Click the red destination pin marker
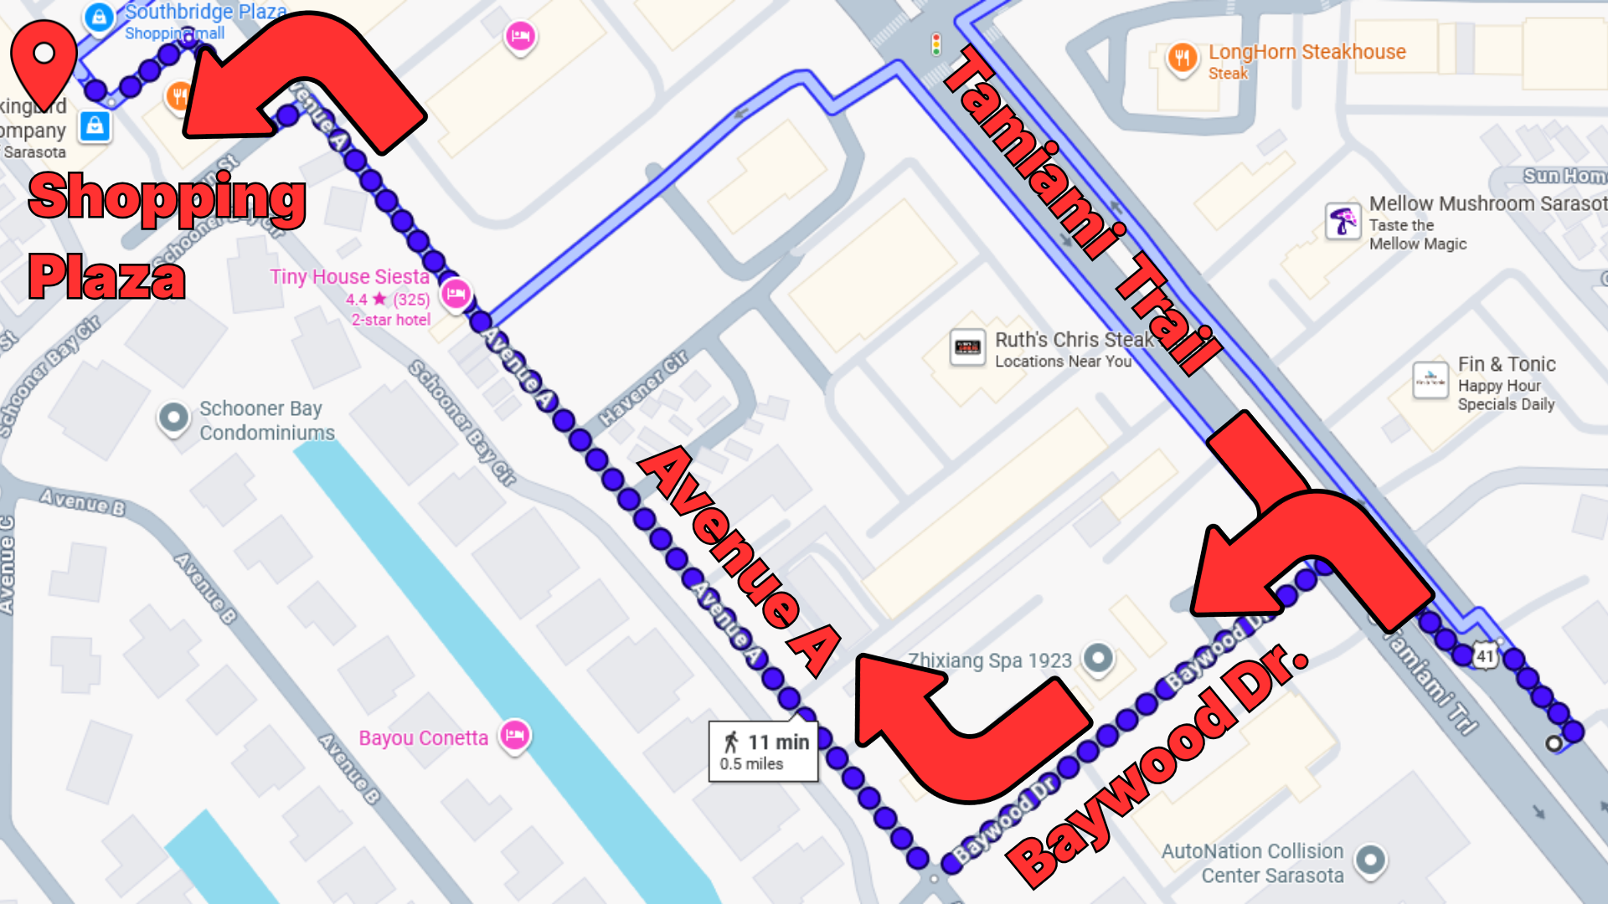pos(44,59)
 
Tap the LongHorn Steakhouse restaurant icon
pos(1182,58)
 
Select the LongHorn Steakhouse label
pos(1306,52)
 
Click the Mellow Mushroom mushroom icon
pos(1343,221)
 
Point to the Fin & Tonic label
pos(1506,365)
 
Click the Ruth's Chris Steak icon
pos(967,347)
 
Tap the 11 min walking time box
pos(763,751)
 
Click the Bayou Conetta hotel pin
pos(515,736)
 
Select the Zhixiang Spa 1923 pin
pos(1098,658)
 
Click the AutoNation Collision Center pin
pos(1370,860)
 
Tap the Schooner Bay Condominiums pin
pos(174,417)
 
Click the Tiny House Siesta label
pos(349,277)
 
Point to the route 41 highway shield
pos(1485,656)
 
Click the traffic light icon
pos(936,44)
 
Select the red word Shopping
pos(167,198)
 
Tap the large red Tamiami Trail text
pos(1081,209)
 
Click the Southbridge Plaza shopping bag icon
pos(99,16)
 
